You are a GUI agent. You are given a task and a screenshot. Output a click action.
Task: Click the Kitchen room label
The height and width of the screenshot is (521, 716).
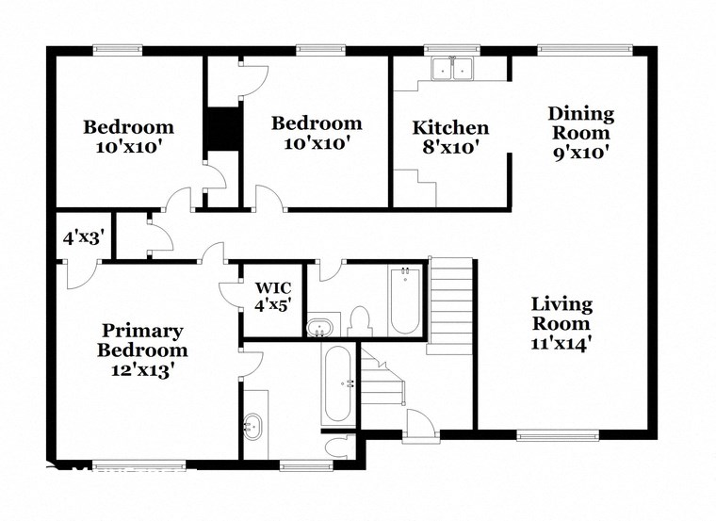pyautogui.click(x=451, y=128)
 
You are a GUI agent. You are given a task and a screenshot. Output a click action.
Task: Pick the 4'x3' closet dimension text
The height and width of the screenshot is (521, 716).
pyautogui.click(x=82, y=237)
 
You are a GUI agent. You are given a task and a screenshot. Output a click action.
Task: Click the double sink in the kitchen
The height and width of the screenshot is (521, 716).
pyautogui.click(x=452, y=69)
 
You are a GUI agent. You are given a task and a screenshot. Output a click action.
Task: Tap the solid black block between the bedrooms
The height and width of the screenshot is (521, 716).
pyautogui.click(x=222, y=129)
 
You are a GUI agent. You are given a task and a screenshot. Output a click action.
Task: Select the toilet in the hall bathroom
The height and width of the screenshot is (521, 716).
pyautogui.click(x=358, y=321)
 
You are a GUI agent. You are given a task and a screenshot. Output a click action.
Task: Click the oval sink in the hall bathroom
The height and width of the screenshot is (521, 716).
pyautogui.click(x=320, y=327)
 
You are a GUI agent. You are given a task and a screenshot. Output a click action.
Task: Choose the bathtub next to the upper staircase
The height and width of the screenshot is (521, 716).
pyautogui.click(x=404, y=300)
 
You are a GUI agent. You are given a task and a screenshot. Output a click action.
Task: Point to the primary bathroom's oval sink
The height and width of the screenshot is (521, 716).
pyautogui.click(x=252, y=426)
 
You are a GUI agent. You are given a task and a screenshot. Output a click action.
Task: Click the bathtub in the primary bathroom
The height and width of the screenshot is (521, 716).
pyautogui.click(x=336, y=383)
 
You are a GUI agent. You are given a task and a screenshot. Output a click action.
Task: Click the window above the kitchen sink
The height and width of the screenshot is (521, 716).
pyautogui.click(x=451, y=49)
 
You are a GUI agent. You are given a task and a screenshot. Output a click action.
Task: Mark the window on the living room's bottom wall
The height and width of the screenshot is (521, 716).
pyautogui.click(x=557, y=435)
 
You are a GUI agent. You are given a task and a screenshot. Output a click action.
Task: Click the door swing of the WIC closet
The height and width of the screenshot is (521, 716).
pyautogui.click(x=231, y=294)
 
